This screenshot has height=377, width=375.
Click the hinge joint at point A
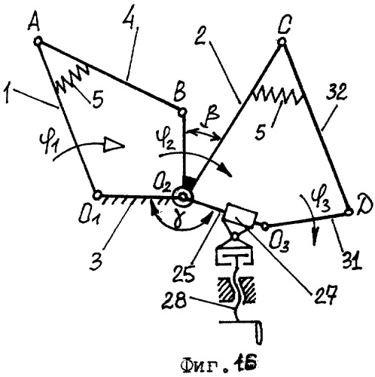pyautogui.click(x=38, y=41)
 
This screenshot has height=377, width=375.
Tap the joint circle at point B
pyautogui.click(x=182, y=111)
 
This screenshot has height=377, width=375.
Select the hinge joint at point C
pyautogui.click(x=282, y=41)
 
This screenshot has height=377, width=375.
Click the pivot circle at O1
pyautogui.click(x=97, y=195)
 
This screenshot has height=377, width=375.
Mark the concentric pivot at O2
pyautogui.click(x=183, y=197)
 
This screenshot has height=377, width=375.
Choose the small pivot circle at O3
pyautogui.click(x=265, y=226)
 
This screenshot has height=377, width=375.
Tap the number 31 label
pyautogui.click(x=352, y=260)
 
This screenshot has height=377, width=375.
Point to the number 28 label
pyautogui.click(x=175, y=302)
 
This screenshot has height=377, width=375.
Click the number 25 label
pyautogui.click(x=185, y=274)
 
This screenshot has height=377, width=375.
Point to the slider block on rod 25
pyautogui.click(x=241, y=216)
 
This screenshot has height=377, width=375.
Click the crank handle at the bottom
pyautogui.click(x=259, y=332)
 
